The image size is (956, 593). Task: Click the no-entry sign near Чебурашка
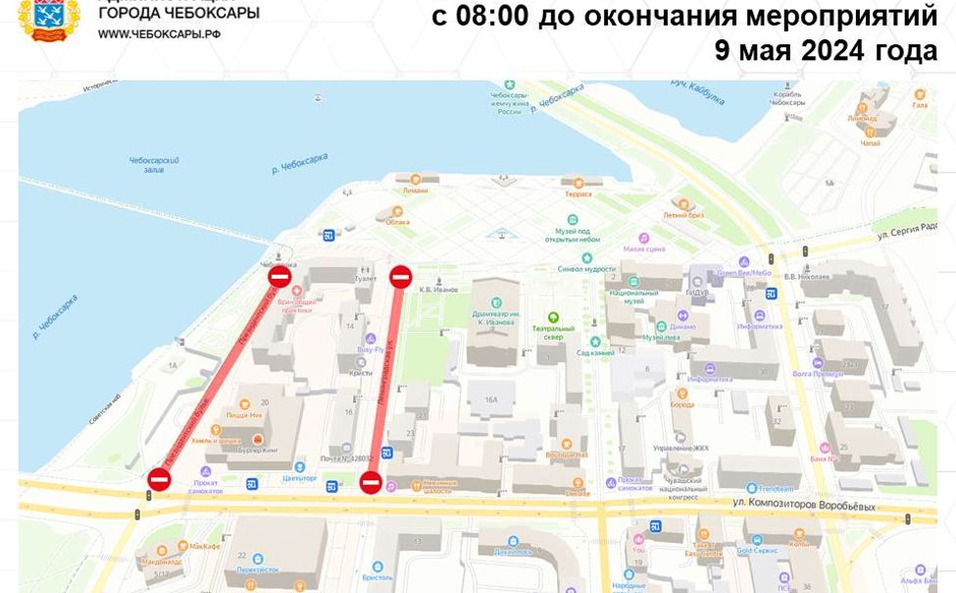point(279,278)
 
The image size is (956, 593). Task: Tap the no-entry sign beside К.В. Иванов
point(400,277)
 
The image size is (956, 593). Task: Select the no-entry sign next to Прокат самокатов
point(160,479)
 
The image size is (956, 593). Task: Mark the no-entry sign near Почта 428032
point(371,481)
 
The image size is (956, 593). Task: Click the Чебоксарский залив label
point(154,164)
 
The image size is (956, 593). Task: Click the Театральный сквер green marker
point(553,317)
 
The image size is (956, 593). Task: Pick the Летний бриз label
point(679,214)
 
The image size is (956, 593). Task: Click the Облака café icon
point(396,211)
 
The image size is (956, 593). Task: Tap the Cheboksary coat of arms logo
point(49,20)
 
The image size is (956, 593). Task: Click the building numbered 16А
point(490,400)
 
